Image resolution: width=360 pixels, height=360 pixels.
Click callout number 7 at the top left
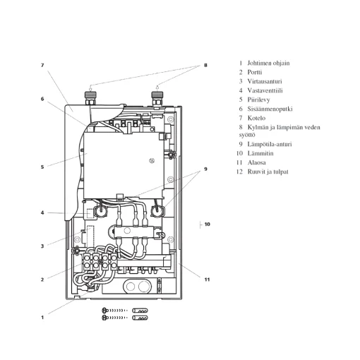[42, 65]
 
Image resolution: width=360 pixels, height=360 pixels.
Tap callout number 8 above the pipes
[205, 65]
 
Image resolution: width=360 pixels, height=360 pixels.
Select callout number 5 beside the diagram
[42, 167]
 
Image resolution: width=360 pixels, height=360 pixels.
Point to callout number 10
[207, 224]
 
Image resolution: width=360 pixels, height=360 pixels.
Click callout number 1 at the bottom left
[42, 318]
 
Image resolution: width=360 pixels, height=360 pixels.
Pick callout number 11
[207, 280]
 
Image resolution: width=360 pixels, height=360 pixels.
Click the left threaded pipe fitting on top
[90, 98]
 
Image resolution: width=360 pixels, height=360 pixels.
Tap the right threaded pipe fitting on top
[157, 98]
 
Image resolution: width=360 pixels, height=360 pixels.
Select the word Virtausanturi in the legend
[265, 81]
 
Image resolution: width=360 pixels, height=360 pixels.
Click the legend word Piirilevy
[258, 100]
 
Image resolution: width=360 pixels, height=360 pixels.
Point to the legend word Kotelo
[256, 118]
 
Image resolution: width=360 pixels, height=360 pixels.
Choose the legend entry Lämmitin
[260, 153]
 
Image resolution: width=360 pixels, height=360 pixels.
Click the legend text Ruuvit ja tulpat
[268, 172]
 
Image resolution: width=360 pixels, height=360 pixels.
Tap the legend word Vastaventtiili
[265, 90]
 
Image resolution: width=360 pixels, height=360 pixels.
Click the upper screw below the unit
[114, 311]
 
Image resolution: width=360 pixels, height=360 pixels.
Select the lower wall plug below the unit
[140, 318]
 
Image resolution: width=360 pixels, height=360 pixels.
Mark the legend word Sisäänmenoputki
[270, 109]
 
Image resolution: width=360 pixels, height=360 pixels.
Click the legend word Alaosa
[257, 162]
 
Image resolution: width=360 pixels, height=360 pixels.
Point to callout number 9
[205, 169]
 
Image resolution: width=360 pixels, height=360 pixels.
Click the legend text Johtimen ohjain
[268, 63]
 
